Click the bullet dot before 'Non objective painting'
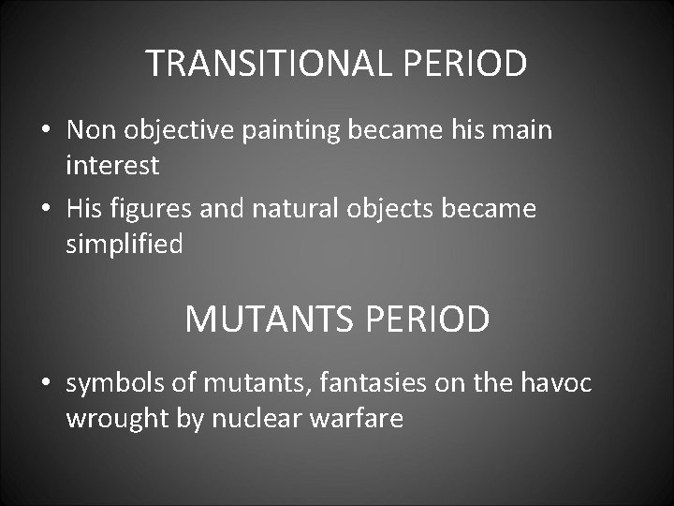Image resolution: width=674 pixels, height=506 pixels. pos(45,130)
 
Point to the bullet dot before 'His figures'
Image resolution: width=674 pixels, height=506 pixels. pos(45,209)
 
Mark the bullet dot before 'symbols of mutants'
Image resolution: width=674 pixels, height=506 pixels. pos(45,383)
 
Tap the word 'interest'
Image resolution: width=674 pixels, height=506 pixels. pos(112,166)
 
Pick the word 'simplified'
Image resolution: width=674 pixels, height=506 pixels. pos(125,245)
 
